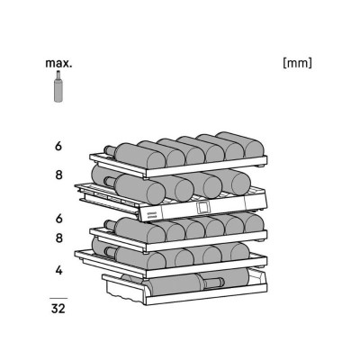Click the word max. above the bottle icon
pos(58,64)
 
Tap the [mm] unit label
pos(297,63)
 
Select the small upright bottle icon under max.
pos(58,86)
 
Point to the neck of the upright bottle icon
pos(58,75)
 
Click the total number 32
pos(58,308)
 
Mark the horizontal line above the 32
pos(58,299)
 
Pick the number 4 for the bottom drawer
pos(58,270)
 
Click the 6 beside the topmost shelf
pos(58,146)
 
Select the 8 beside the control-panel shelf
pos(58,175)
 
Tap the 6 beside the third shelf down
pos(58,218)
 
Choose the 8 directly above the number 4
pos(58,238)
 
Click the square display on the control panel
pos(202,207)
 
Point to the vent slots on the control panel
pos(152,213)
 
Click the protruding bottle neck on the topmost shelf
pos(110,150)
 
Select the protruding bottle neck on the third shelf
pos(110,224)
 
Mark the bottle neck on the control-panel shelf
pos(110,182)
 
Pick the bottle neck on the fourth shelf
pos(110,251)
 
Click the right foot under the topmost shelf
pos(261,166)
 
